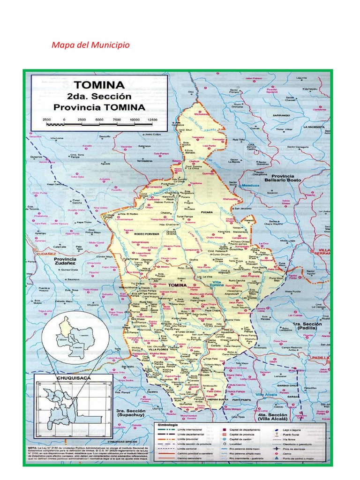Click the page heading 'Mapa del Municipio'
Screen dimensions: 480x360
coord(90,45)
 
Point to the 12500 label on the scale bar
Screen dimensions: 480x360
coord(151,120)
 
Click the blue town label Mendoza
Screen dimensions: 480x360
coord(249,186)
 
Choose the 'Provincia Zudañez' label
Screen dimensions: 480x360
coord(65,261)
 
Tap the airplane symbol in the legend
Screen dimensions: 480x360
coord(285,448)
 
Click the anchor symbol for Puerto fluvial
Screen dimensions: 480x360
coord(285,435)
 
